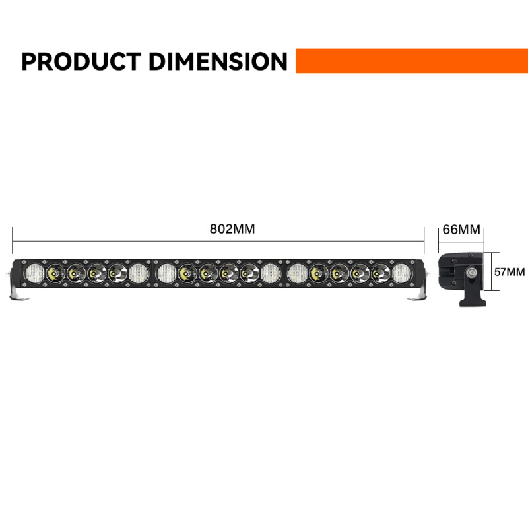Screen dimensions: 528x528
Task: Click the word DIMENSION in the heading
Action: pos(218,61)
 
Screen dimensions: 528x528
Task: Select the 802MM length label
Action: pos(232,230)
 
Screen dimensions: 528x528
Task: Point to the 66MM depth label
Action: pos(461,230)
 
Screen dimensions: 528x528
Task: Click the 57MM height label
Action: pos(510,271)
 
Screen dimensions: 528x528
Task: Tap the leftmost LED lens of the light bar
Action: pos(32,272)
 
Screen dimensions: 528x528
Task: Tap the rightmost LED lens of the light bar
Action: pos(401,272)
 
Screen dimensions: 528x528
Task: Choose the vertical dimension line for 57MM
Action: pos(490,271)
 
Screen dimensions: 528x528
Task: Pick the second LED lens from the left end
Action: pos(53,272)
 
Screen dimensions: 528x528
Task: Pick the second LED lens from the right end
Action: pos(380,272)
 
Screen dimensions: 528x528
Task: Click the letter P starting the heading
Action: pos(30,61)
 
